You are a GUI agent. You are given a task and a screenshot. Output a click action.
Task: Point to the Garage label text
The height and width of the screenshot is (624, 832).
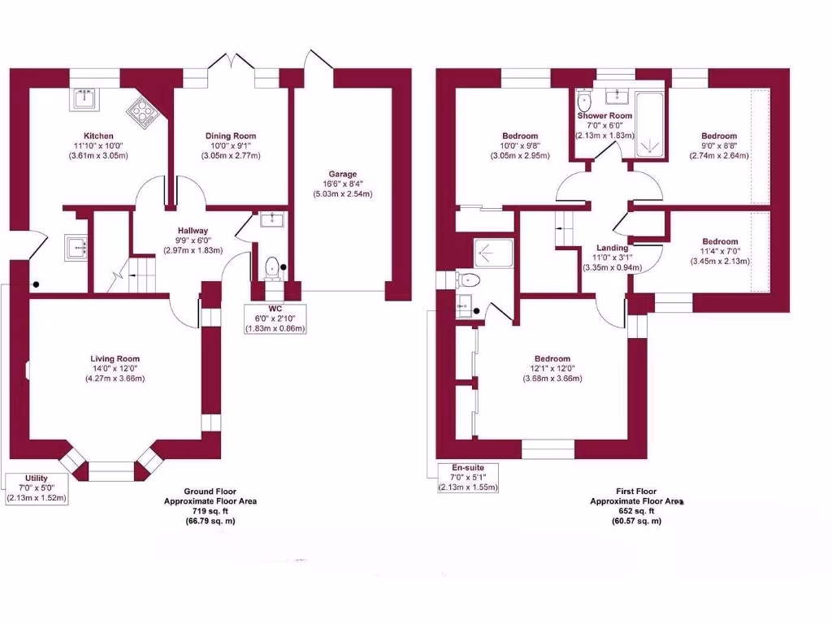coord(342,174)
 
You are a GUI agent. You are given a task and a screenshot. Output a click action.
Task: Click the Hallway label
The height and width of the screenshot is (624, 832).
coord(193,231)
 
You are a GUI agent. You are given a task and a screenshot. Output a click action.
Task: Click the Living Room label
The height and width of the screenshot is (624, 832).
coord(115,358)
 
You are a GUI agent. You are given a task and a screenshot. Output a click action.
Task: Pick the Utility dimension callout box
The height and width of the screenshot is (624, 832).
coord(36,487)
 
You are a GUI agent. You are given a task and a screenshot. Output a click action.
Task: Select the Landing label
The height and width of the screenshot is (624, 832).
coord(612,248)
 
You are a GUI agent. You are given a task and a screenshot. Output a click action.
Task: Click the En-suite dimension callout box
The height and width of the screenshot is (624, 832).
coord(467,478)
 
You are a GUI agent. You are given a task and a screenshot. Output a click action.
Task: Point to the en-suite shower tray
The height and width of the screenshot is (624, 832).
coord(494,254)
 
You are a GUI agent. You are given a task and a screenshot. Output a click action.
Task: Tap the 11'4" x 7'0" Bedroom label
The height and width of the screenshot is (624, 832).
coord(720,241)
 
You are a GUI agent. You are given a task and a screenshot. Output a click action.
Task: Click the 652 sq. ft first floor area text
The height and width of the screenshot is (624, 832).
coord(636,511)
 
